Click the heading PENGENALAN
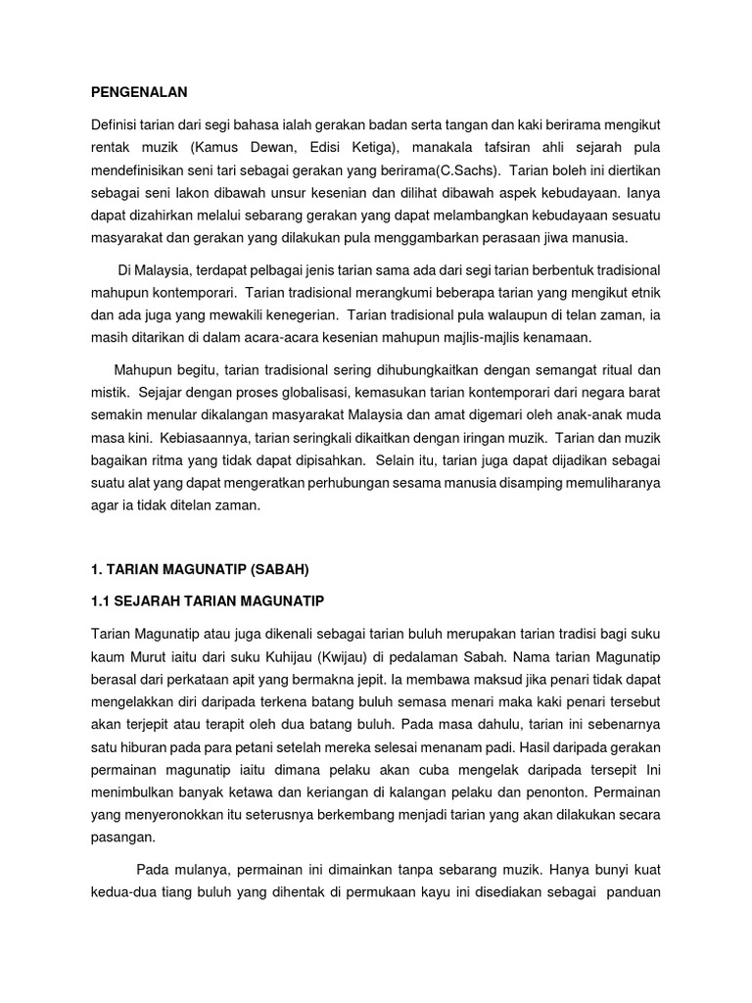(137, 92)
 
